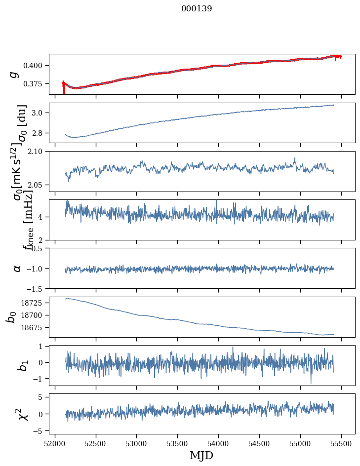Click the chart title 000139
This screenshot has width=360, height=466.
click(197, 8)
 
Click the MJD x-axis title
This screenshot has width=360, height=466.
click(201, 455)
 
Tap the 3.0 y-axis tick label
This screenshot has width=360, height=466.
click(40, 113)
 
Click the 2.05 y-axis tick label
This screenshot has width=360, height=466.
click(38, 185)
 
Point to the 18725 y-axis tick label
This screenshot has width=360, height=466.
click(34, 303)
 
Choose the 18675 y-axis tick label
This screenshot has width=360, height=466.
click(34, 328)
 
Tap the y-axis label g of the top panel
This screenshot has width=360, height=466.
click(14, 74)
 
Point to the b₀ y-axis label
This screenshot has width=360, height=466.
click(11, 317)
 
